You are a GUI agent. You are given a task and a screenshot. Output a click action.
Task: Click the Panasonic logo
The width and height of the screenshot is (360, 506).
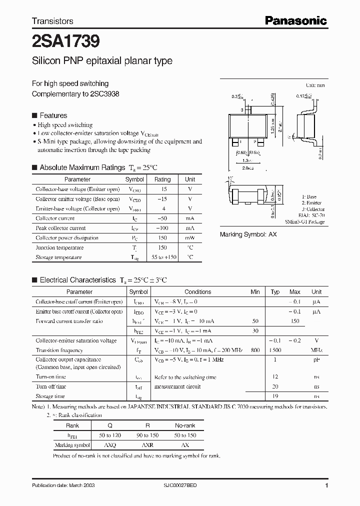coord(295,20)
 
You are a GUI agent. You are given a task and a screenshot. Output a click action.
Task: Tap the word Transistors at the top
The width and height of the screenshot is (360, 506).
coord(52,21)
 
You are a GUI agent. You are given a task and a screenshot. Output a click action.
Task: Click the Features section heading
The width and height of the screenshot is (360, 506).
coord(53,115)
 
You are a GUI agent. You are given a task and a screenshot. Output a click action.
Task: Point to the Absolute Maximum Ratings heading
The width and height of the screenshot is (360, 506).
coord(82,167)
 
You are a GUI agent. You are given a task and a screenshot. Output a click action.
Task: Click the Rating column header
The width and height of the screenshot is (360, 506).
coord(162,179)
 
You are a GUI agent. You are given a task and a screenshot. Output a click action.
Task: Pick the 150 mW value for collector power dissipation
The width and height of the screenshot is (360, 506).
coord(162,238)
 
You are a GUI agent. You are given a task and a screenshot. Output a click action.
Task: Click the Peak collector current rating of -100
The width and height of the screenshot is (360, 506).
coord(162,228)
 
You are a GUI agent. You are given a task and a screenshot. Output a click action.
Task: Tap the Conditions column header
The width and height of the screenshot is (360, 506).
coord(198,291)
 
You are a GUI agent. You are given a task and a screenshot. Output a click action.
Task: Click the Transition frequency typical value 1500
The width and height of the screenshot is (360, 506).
coord(275,350)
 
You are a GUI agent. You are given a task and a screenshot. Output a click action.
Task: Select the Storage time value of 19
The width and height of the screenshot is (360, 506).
coord(275,395)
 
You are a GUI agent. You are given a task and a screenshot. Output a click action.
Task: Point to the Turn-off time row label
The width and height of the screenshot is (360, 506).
coord(51,386)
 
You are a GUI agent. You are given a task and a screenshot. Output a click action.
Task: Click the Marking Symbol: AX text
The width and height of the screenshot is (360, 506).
coord(248,234)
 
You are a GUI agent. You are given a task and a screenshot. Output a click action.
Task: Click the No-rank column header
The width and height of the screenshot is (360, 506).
coord(185,425)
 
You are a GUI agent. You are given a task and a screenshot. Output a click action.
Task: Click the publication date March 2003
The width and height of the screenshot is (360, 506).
coord(63,485)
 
